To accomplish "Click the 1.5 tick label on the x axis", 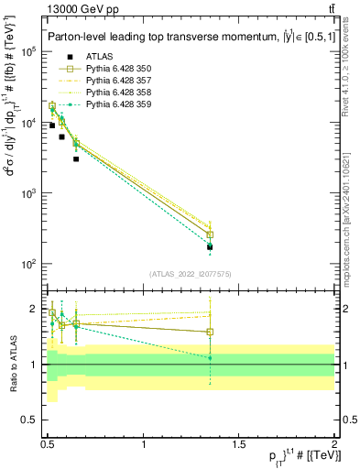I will pyautogui.click(x=239, y=444).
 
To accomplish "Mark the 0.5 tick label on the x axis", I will pyautogui.click(x=48, y=444).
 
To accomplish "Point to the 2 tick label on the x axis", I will pyautogui.click(x=334, y=444).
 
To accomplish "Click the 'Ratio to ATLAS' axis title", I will pyautogui.click(x=12, y=364).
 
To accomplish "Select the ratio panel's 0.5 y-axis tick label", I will pyautogui.click(x=32, y=422).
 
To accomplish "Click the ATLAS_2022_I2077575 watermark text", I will pyautogui.click(x=191, y=274).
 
